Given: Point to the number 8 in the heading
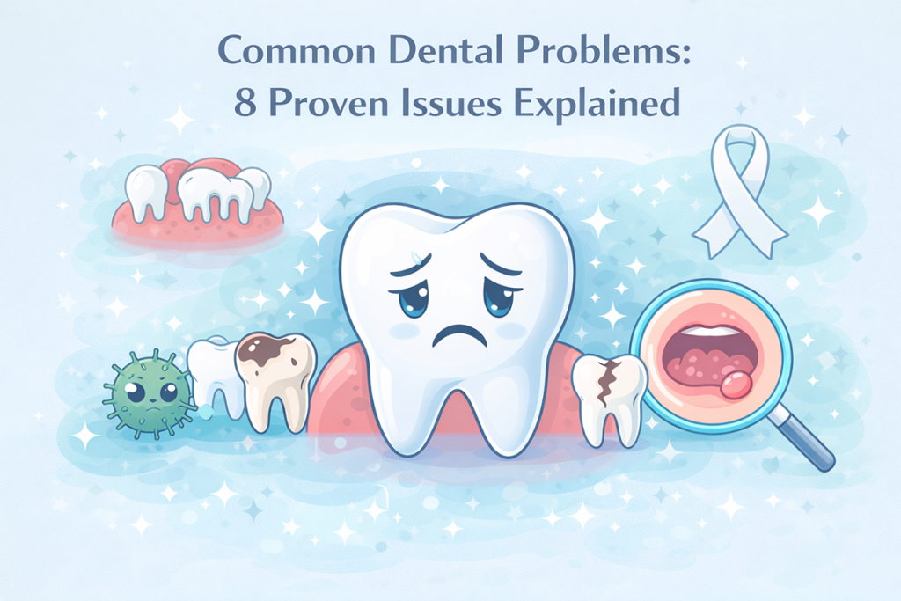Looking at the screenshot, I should point(244,104).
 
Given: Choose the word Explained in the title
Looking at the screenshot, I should point(600,104).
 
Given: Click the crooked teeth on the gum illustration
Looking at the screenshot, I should point(197,189).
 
